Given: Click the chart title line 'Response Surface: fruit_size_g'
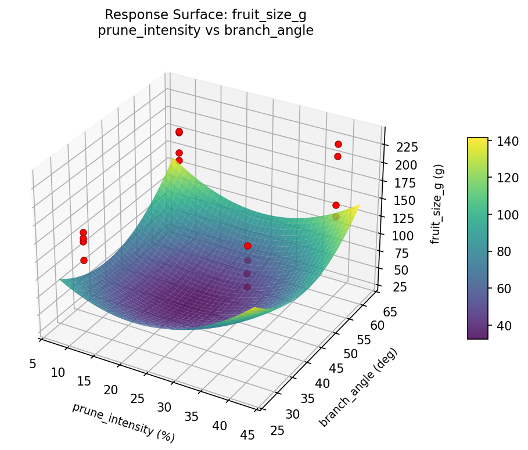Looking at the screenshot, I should point(205,16).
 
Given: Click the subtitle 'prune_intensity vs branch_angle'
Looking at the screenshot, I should point(205,31).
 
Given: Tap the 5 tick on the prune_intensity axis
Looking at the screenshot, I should point(33,363).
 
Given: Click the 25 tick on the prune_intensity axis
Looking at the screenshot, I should point(137,399).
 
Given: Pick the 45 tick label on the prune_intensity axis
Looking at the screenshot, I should point(247,435).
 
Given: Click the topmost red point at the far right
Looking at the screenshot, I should point(338,144).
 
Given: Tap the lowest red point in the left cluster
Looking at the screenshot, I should point(84,260).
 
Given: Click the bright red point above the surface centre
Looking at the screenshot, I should point(248,246).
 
